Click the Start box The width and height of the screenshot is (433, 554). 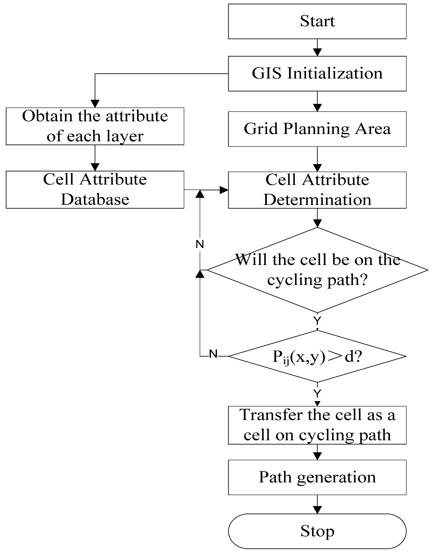317,21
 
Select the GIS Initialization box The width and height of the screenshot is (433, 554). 317,74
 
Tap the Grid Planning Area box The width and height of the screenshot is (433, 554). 317,129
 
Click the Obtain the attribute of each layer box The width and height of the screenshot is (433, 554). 95,126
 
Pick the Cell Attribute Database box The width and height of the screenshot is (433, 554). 95,189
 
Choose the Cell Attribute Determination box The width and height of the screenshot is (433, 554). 317,190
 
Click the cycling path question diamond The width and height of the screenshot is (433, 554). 317,270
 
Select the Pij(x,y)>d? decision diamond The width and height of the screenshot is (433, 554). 317,356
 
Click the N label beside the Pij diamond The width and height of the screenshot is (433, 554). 213,354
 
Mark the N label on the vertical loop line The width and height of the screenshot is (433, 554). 200,244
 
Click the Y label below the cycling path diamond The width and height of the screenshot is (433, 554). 317,321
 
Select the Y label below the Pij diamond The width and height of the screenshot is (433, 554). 317,393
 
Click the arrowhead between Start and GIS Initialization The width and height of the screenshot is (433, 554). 317,52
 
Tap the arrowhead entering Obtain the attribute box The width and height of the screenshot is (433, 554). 95,104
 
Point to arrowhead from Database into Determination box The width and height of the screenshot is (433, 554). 224,190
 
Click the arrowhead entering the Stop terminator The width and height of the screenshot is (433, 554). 317,510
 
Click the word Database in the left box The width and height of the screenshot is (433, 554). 95,199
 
